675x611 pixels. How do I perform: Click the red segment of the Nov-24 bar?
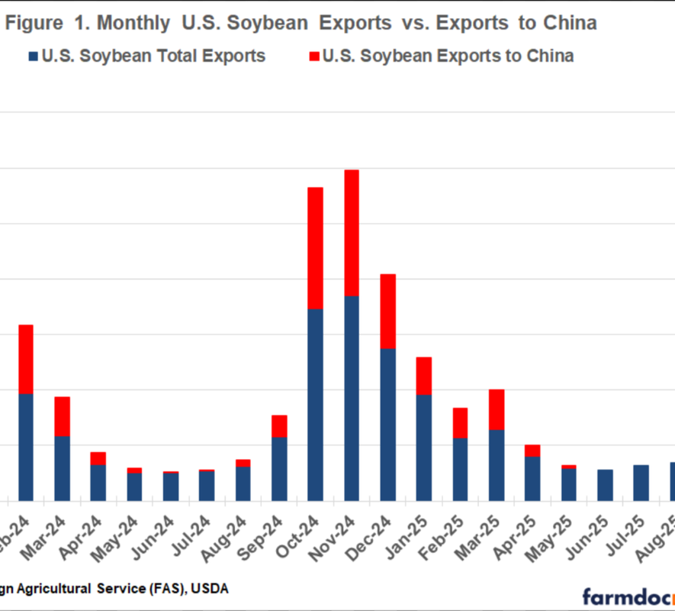(352, 232)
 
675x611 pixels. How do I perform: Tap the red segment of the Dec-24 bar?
(387, 311)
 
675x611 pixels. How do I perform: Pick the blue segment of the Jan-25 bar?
(424, 447)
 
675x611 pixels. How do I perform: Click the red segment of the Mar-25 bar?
(497, 409)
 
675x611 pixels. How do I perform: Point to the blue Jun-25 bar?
(605, 484)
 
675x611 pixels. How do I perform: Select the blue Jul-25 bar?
(641, 482)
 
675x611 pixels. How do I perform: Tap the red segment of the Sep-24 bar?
(279, 425)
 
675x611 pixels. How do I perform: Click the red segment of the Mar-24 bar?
(62, 416)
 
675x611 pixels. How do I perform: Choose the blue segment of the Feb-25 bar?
(460, 469)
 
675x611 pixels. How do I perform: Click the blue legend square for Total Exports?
(34, 56)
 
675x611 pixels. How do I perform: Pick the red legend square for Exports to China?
(313, 56)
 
